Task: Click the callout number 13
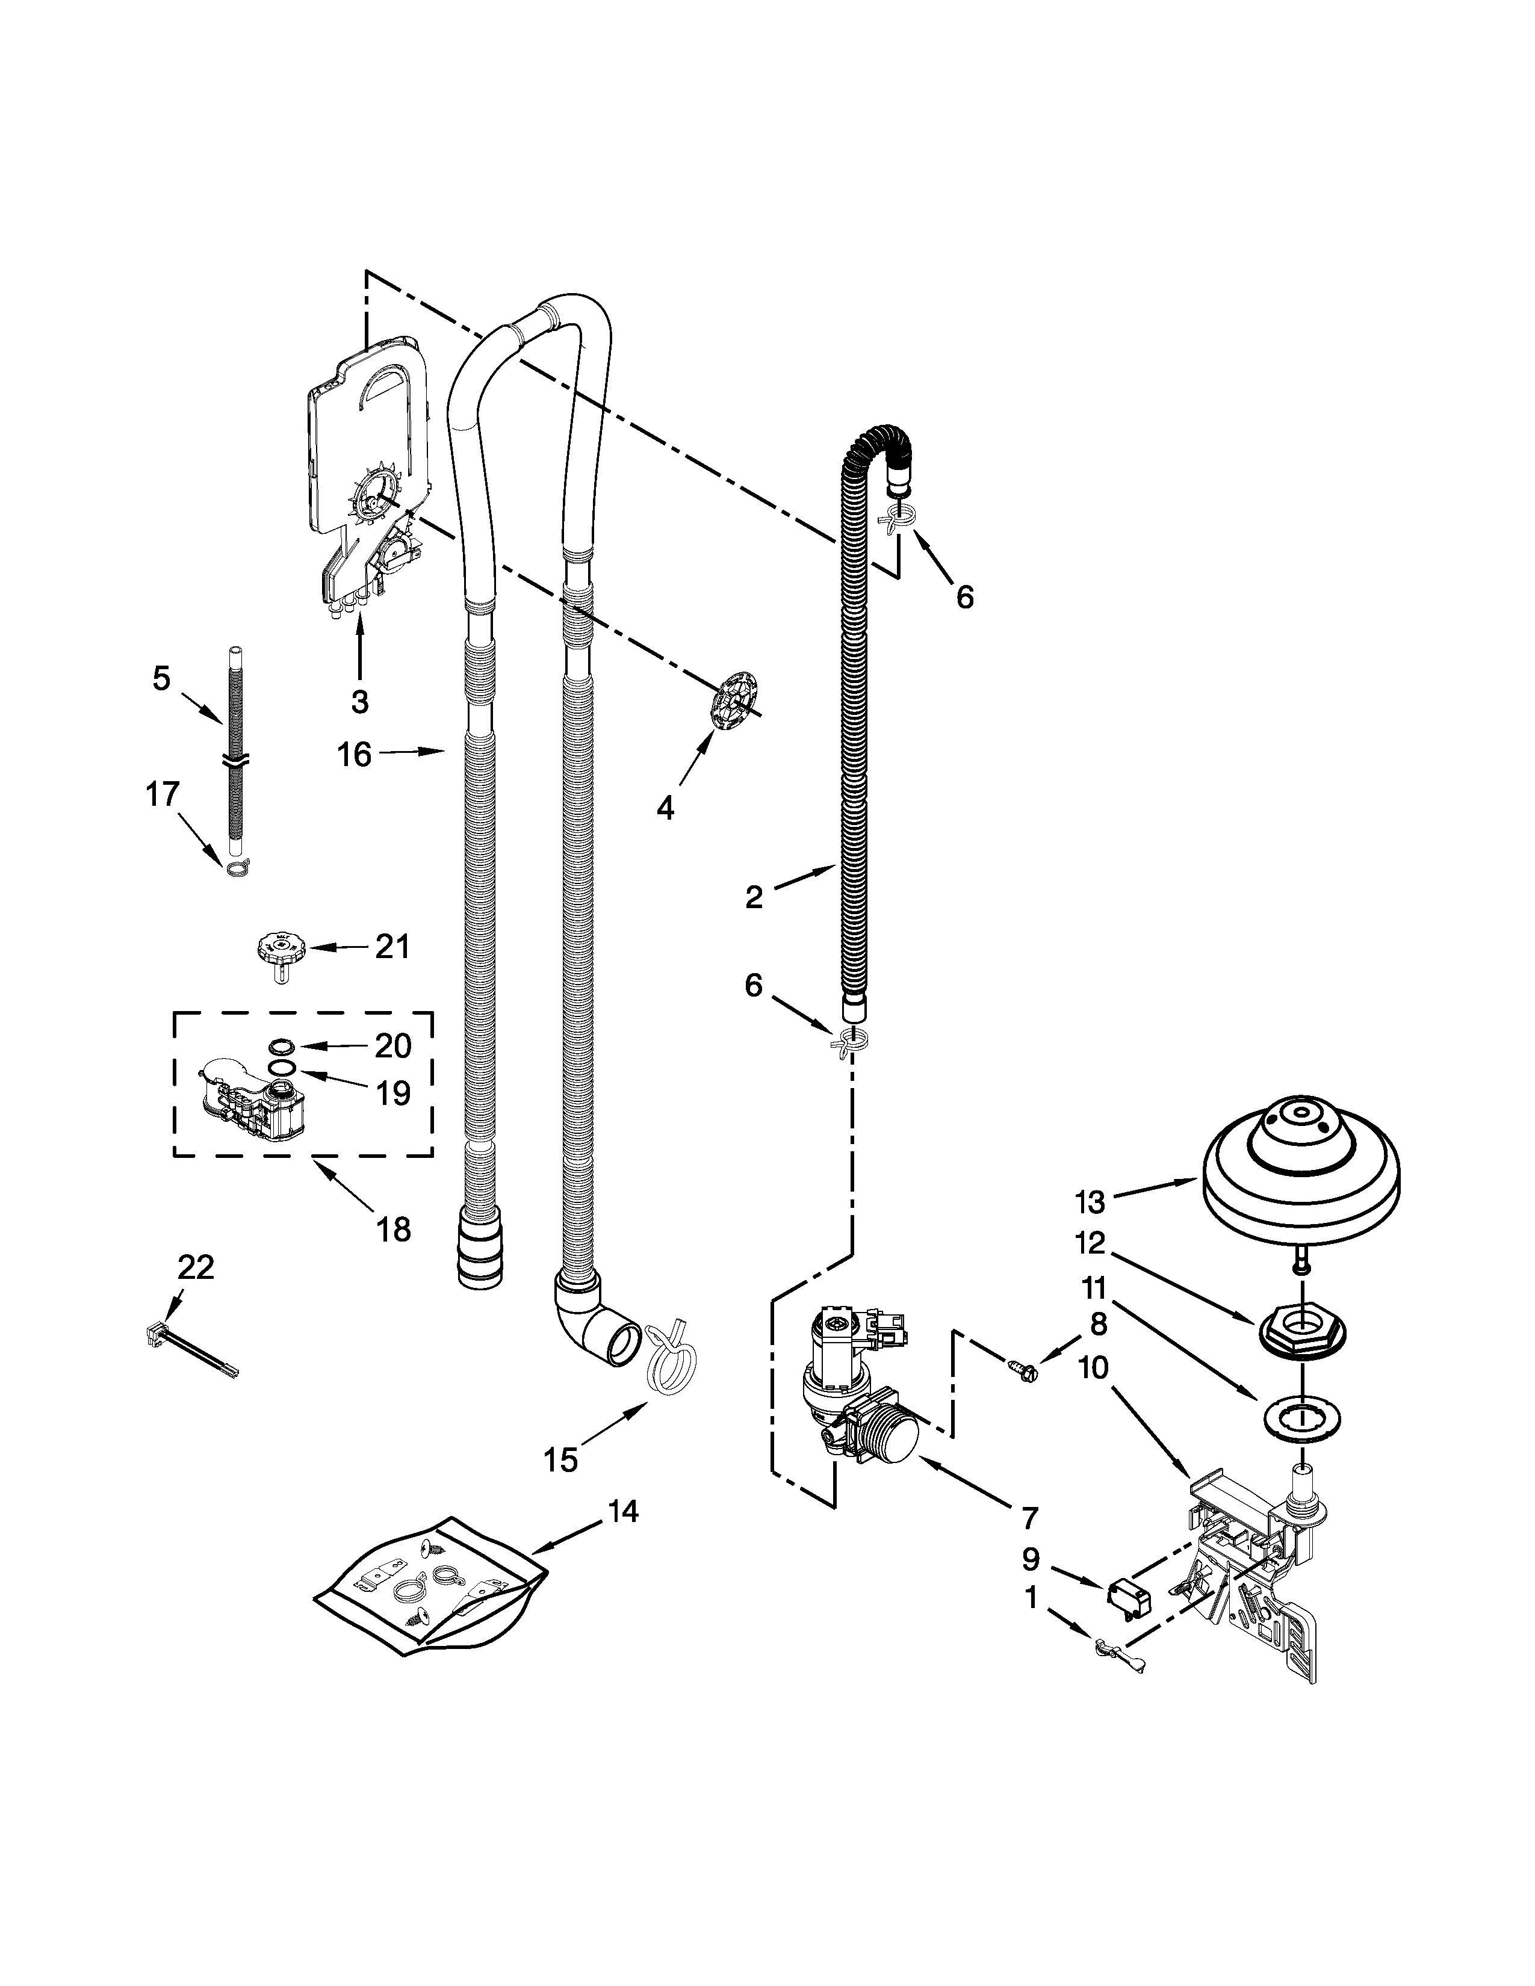1090,1202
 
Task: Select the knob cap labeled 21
283,950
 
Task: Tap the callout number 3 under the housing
359,701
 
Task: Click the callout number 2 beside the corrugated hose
754,897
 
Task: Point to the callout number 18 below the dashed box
393,1230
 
